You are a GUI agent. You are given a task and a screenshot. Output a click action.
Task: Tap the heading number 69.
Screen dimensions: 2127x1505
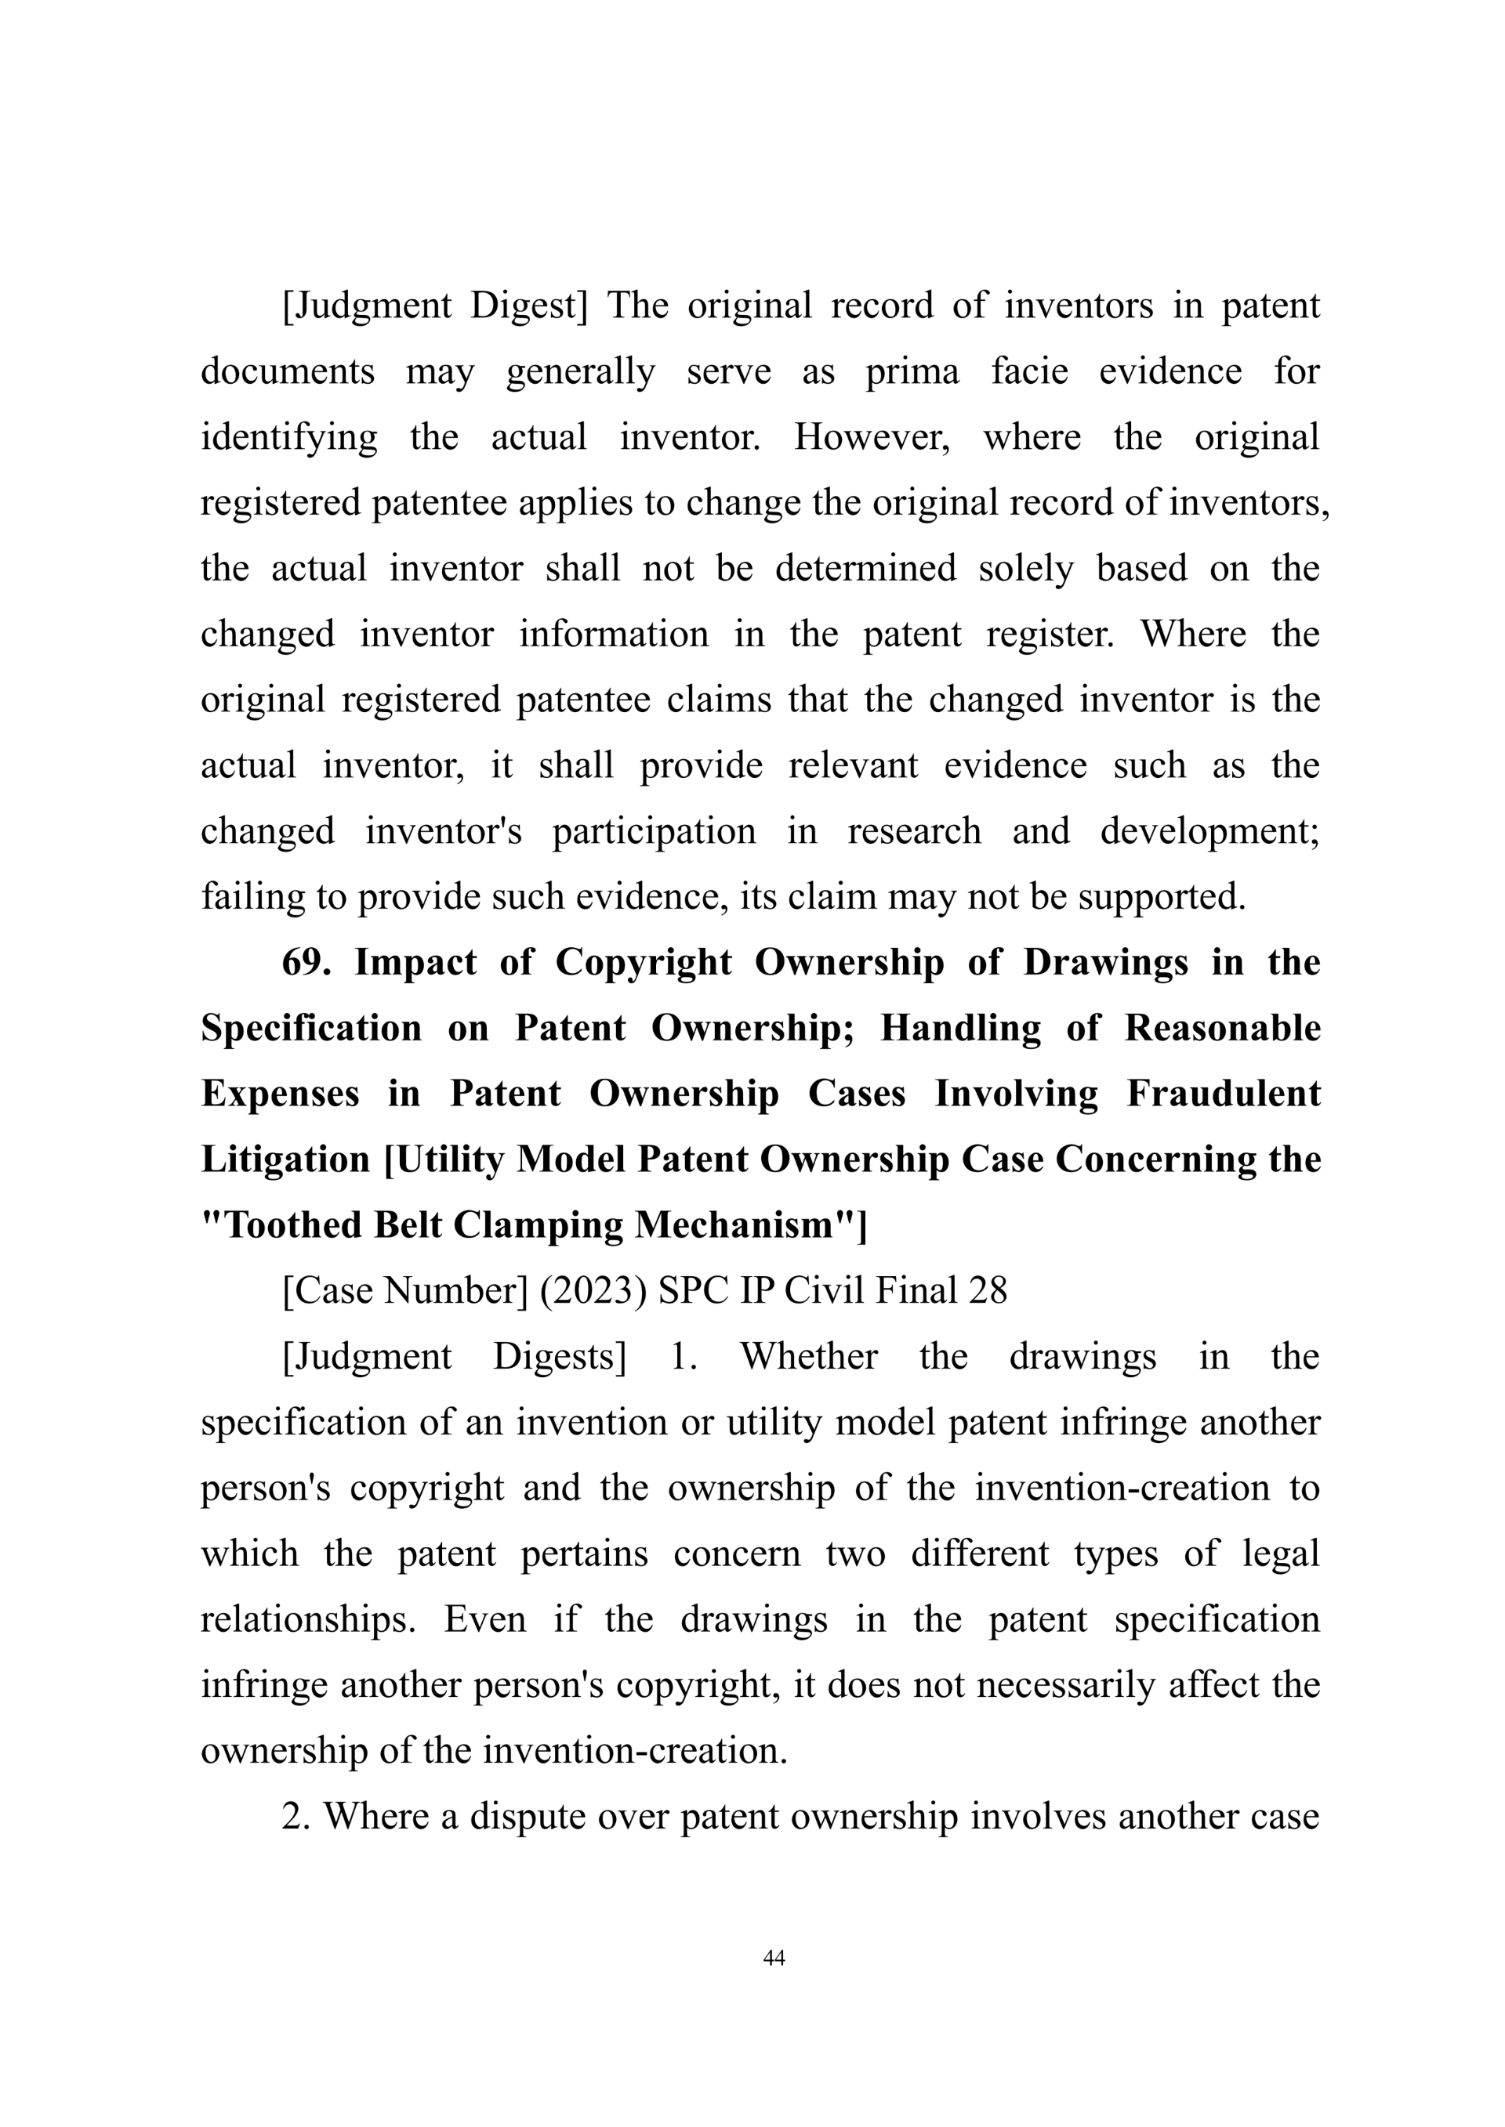point(306,963)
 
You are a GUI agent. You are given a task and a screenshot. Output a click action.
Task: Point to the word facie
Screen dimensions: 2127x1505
point(1028,371)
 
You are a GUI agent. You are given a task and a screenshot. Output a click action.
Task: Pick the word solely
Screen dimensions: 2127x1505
point(1026,569)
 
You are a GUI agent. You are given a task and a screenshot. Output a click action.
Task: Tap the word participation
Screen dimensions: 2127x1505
point(655,831)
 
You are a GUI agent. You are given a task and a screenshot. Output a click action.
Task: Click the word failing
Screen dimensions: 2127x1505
point(248,897)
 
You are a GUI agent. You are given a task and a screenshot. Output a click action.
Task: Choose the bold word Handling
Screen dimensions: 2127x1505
point(960,1029)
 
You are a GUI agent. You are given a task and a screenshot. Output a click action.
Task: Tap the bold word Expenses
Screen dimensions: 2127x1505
point(280,1094)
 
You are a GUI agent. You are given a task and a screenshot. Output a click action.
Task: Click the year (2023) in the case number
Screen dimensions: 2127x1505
point(593,1290)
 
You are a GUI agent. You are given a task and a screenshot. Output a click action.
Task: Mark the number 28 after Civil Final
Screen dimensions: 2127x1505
point(987,1290)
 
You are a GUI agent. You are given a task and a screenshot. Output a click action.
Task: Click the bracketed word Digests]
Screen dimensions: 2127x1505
point(559,1356)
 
